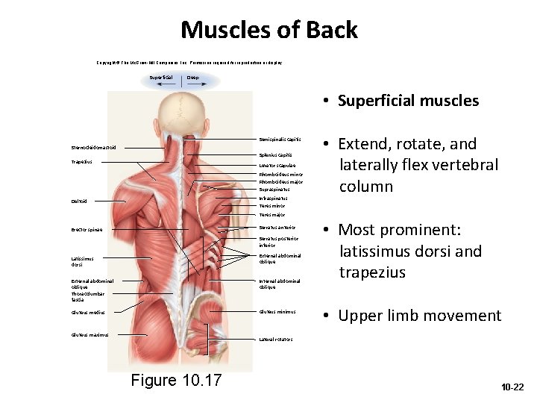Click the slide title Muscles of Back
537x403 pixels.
[268, 30]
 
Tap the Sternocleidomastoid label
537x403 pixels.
[93, 147]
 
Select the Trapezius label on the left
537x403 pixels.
[82, 162]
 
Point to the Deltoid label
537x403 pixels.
[79, 201]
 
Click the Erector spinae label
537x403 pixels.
[87, 229]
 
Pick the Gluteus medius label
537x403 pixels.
[88, 313]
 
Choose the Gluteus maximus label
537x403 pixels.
[89, 335]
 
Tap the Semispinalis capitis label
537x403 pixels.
[280, 140]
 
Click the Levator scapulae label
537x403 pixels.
[277, 165]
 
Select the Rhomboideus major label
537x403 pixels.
[280, 181]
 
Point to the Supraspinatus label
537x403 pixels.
[274, 190]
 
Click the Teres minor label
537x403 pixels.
[272, 206]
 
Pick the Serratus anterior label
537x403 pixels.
[277, 227]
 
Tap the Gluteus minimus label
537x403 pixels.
[277, 312]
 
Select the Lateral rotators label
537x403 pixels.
[275, 339]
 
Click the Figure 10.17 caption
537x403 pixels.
[176, 380]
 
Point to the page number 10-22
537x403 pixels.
[512, 387]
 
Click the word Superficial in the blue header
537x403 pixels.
[161, 77]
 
